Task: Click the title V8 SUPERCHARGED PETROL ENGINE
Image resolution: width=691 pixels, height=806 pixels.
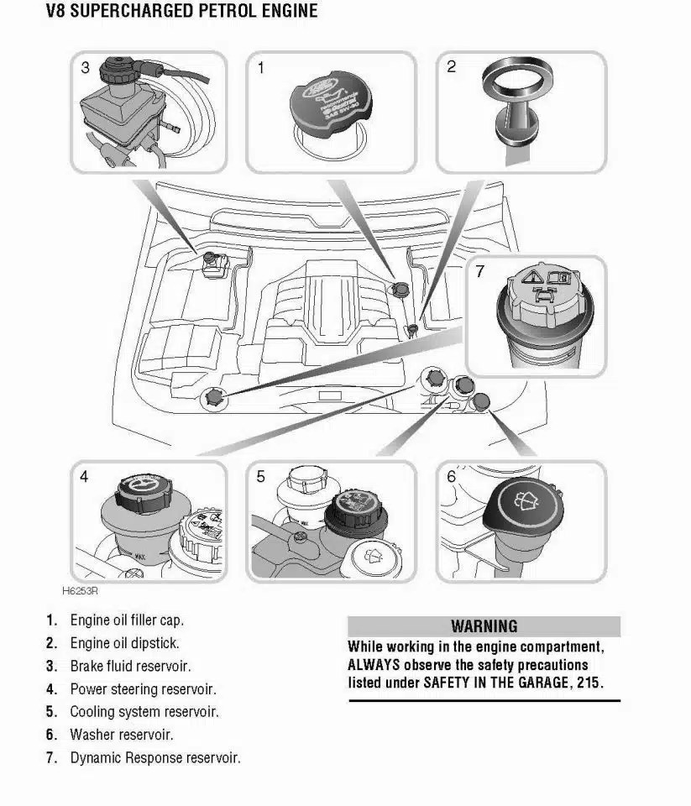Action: (x=170, y=11)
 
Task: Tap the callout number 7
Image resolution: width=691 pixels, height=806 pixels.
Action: (x=479, y=272)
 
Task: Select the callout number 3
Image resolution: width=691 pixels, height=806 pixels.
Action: (x=85, y=67)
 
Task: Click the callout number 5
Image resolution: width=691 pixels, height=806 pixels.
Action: (x=261, y=476)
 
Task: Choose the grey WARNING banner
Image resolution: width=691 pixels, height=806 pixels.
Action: (x=484, y=626)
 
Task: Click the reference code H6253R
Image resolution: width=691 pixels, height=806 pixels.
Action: (x=80, y=590)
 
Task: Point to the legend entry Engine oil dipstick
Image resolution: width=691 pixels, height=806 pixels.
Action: (x=124, y=644)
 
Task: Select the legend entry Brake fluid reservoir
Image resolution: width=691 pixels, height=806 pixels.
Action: (x=130, y=667)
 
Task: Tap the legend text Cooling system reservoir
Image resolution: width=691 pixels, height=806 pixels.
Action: (x=144, y=712)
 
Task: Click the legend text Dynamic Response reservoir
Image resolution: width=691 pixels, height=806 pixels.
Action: (x=155, y=757)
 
